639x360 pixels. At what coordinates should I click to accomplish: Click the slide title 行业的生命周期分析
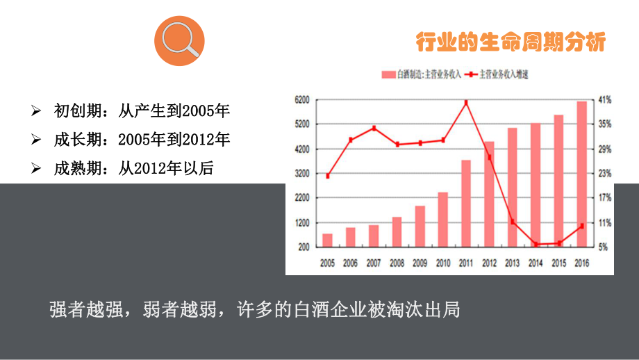coord(511,42)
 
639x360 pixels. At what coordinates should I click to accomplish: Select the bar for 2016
coord(581,174)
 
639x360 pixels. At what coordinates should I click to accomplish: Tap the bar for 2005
coord(327,240)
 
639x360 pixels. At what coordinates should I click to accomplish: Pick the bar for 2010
coord(442,219)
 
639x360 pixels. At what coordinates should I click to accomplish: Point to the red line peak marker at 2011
coord(466,103)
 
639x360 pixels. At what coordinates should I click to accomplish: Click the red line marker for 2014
coord(536,244)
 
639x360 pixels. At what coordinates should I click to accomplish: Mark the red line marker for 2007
coord(374,128)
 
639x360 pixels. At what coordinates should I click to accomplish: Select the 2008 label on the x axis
coord(397,263)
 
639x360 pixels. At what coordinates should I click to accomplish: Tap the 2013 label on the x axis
coord(512,263)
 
